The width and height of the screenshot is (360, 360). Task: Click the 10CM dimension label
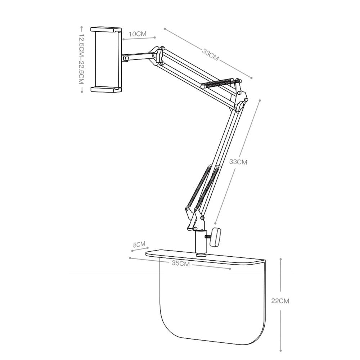138,34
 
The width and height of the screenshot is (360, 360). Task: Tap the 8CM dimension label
139,244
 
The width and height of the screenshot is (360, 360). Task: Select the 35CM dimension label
181,264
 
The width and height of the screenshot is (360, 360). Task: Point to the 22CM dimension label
280,301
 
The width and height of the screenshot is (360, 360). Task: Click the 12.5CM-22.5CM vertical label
81,59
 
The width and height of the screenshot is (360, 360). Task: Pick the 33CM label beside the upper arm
210,55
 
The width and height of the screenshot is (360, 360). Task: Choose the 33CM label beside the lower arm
238,162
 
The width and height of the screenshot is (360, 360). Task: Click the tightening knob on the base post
215,237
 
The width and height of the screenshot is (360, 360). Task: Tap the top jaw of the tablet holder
106,30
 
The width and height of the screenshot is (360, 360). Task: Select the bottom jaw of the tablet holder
106,90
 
